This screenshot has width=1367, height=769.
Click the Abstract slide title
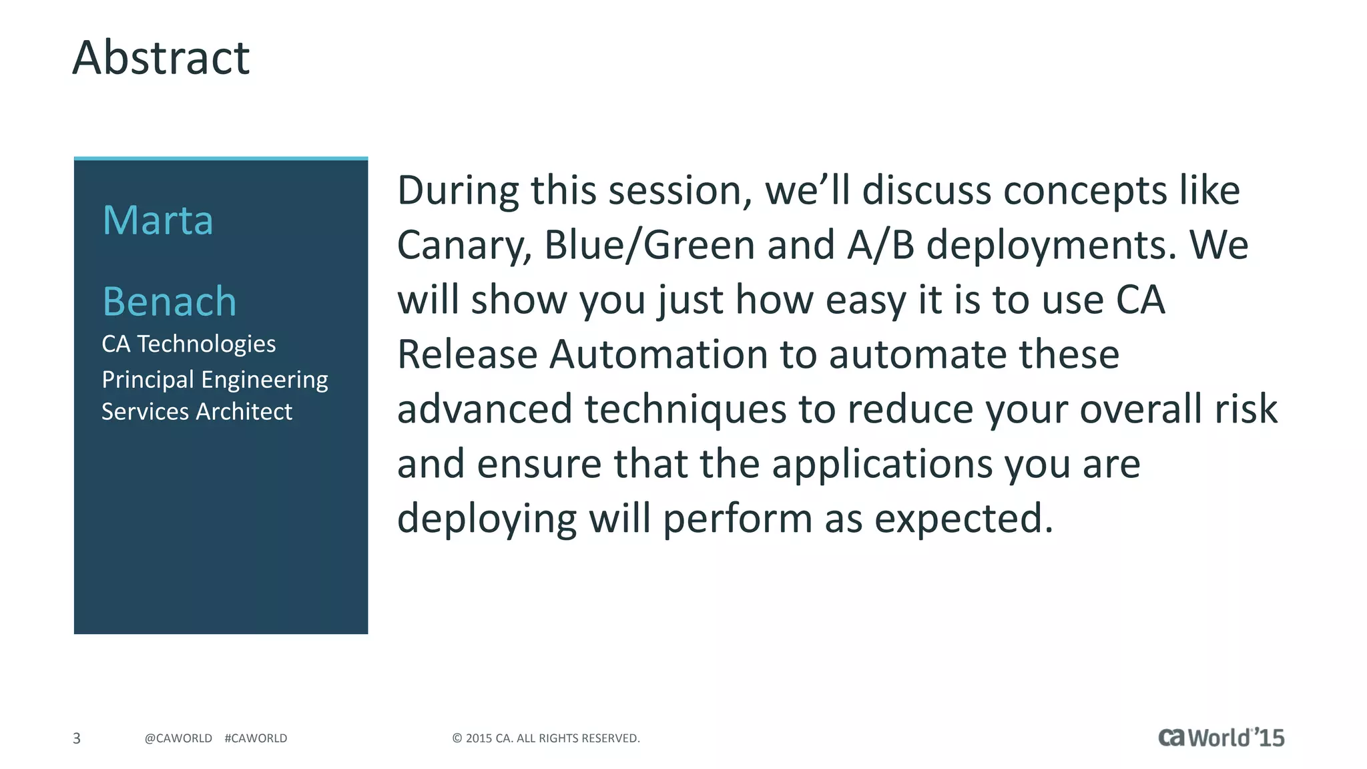coord(161,58)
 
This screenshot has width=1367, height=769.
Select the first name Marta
coord(158,220)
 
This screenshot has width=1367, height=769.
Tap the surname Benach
coord(170,302)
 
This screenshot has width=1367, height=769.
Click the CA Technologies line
coord(188,344)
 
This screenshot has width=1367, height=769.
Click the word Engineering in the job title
coord(264,380)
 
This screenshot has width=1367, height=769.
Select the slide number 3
coord(77,738)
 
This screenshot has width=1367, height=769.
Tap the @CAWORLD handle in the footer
coord(178,738)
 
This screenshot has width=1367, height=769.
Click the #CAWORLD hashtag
coord(256,738)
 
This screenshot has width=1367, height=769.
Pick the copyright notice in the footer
coord(545,738)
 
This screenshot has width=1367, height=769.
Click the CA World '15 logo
coord(1221,738)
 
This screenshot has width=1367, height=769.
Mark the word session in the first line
coord(681,191)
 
